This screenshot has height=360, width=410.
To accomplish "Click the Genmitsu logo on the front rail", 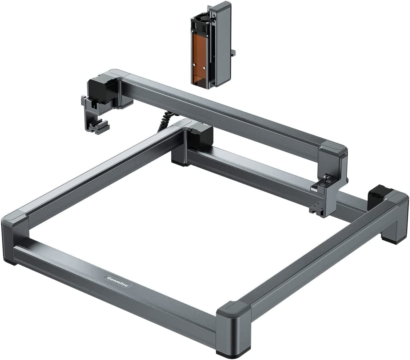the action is click(118, 281).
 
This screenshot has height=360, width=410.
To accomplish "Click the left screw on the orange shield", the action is click(194, 65).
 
